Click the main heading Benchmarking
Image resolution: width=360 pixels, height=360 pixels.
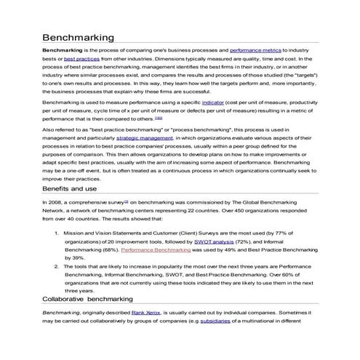click(x=78, y=36)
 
